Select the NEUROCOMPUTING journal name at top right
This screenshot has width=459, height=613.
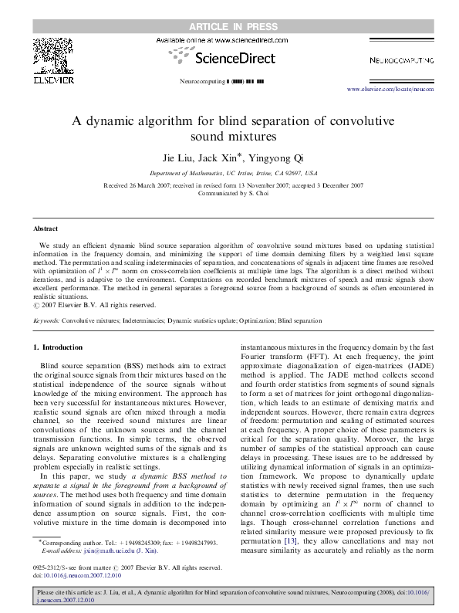point(396,59)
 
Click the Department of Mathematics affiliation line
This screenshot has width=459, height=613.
point(229,174)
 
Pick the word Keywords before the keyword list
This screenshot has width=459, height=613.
point(46,319)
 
